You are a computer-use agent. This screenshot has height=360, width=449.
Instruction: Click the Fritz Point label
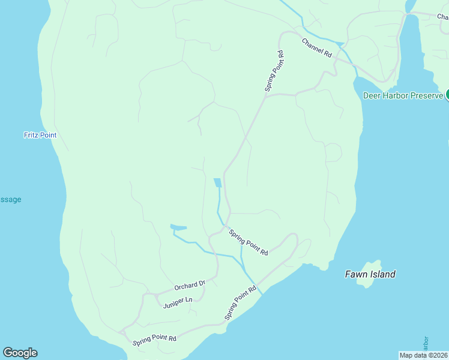tap(40, 135)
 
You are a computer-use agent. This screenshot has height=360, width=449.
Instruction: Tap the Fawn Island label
tap(370, 274)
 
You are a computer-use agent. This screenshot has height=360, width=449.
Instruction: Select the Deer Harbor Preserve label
tap(403, 95)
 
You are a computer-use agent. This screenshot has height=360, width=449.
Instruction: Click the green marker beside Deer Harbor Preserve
tap(447, 95)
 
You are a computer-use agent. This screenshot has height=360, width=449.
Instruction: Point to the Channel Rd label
tap(316, 48)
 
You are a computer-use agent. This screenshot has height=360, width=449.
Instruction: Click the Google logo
tap(20, 353)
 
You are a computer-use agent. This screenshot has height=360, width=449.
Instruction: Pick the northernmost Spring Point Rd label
tap(274, 71)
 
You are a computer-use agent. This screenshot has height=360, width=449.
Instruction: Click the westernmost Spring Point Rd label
tap(155, 339)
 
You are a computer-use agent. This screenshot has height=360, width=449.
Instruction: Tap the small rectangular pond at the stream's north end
tap(217, 182)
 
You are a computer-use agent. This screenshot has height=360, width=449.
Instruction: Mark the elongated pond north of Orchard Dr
tap(178, 227)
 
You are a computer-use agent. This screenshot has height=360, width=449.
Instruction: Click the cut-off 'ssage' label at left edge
tap(10, 199)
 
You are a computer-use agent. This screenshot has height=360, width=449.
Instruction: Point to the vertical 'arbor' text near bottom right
tap(426, 344)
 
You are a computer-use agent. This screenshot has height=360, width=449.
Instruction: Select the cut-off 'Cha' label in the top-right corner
tap(443, 17)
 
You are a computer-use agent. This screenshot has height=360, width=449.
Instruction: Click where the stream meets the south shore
tap(259, 292)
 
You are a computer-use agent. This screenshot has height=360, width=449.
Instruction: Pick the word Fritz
tap(31, 135)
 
